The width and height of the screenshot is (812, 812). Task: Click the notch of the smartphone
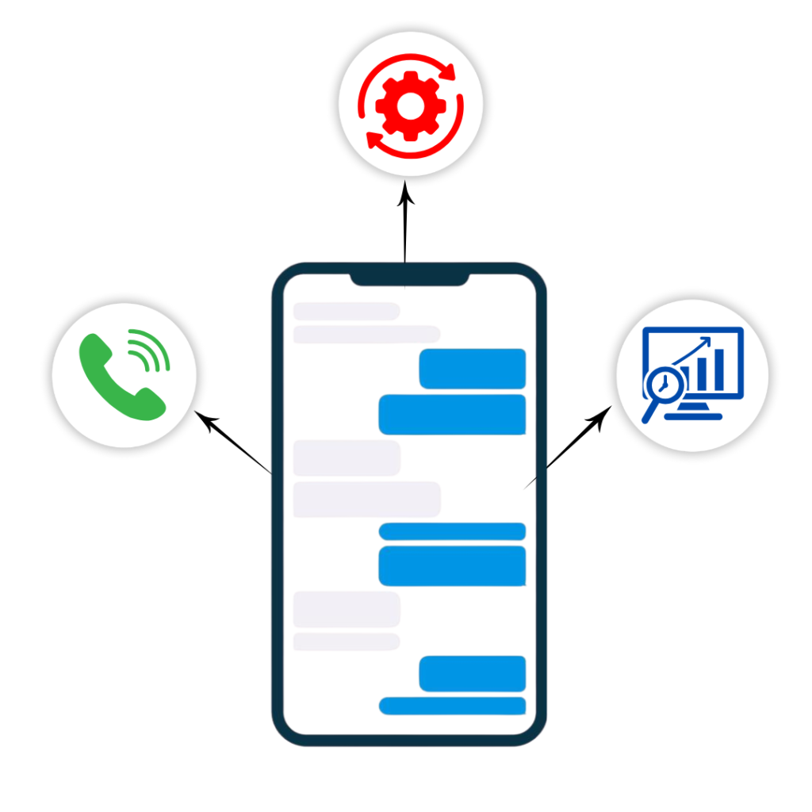coord(409,280)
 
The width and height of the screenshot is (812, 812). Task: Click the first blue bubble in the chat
coord(473,369)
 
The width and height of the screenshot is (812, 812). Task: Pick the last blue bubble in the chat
coord(452,706)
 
